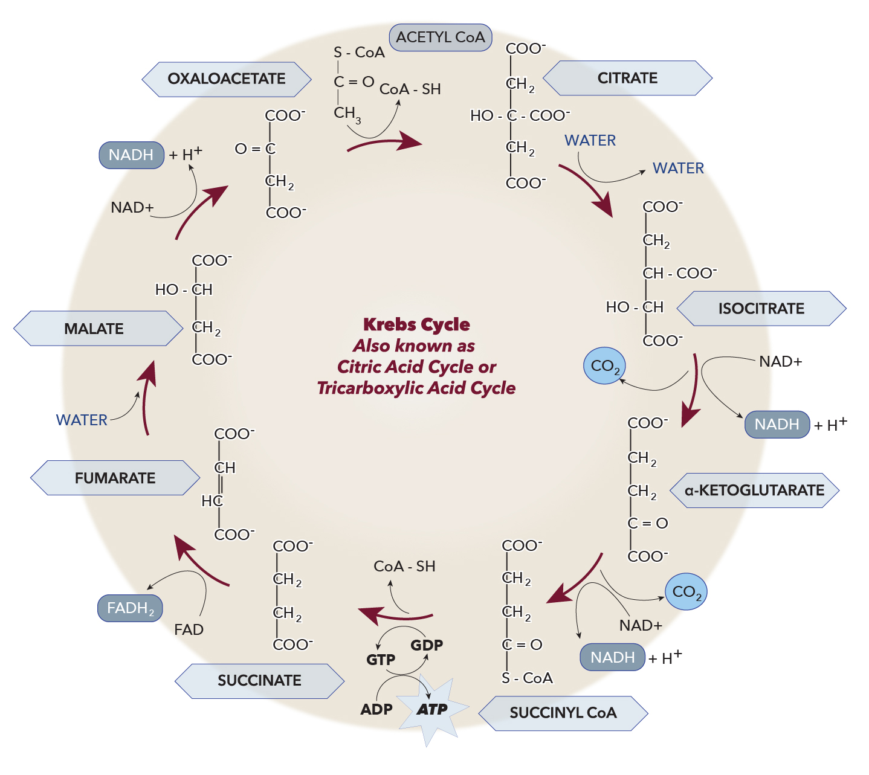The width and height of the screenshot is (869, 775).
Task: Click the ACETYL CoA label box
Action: pyautogui.click(x=441, y=37)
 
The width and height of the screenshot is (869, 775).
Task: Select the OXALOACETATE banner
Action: pyautogui.click(x=227, y=79)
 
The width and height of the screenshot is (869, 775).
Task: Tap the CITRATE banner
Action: pyautogui.click(x=627, y=78)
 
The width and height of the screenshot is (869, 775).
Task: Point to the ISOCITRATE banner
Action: pyautogui.click(x=761, y=309)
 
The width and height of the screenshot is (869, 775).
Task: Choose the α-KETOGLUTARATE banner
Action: pyautogui.click(x=754, y=490)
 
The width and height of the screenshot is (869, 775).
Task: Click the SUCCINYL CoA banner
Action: pyautogui.click(x=563, y=713)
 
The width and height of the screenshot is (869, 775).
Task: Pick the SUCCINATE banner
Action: pyautogui.click(x=259, y=681)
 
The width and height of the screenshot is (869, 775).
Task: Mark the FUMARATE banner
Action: pyautogui.click(x=115, y=478)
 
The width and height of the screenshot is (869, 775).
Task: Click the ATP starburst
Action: pyautogui.click(x=433, y=710)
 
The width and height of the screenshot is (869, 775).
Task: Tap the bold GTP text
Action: pyautogui.click(x=381, y=660)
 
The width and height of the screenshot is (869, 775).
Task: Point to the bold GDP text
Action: pyautogui.click(x=427, y=645)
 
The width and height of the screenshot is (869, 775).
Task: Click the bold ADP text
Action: pyautogui.click(x=376, y=709)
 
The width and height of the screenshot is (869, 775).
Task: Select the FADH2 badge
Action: pyautogui.click(x=131, y=608)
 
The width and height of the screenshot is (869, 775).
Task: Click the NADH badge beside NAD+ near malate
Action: pyautogui.click(x=131, y=155)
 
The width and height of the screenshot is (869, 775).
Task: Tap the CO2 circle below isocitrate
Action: pyautogui.click(x=604, y=365)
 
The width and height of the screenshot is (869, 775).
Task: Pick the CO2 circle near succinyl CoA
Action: pyautogui.click(x=686, y=591)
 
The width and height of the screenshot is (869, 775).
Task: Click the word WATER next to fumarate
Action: pyautogui.click(x=82, y=420)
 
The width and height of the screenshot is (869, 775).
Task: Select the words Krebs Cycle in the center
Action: pyautogui.click(x=416, y=324)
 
